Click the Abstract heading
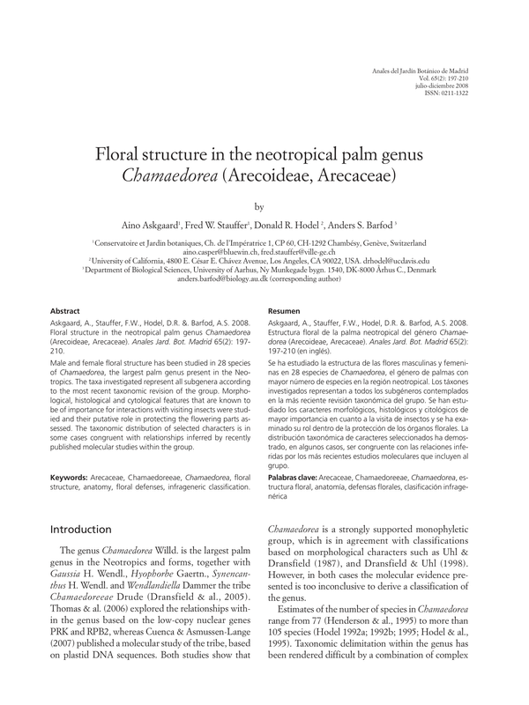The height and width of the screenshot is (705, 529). click(67, 311)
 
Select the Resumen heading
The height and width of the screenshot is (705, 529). click(285, 311)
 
